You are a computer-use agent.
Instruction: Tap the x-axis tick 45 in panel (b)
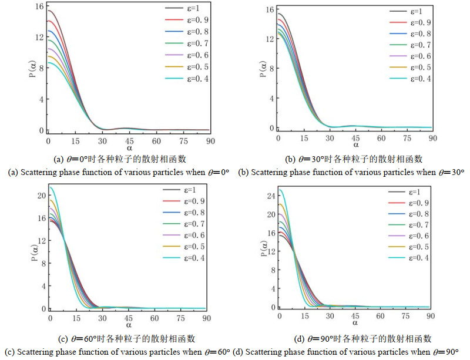pyautogui.click(x=355, y=137)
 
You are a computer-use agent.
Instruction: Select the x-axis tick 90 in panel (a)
pyautogui.click(x=209, y=141)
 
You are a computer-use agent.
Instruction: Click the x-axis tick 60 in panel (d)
pyautogui.click(x=381, y=317)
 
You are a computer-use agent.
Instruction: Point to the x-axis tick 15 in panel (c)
pyautogui.click(x=76, y=318)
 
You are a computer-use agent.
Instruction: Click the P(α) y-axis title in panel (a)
pyautogui.click(x=33, y=69)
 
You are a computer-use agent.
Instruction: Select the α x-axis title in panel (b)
pyautogui.click(x=355, y=144)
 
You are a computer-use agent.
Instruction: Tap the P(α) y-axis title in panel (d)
pyautogui.click(x=262, y=249)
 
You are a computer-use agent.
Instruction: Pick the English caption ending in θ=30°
pyautogui.click(x=350, y=172)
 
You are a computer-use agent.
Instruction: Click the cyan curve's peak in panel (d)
pyautogui.click(x=280, y=190)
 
